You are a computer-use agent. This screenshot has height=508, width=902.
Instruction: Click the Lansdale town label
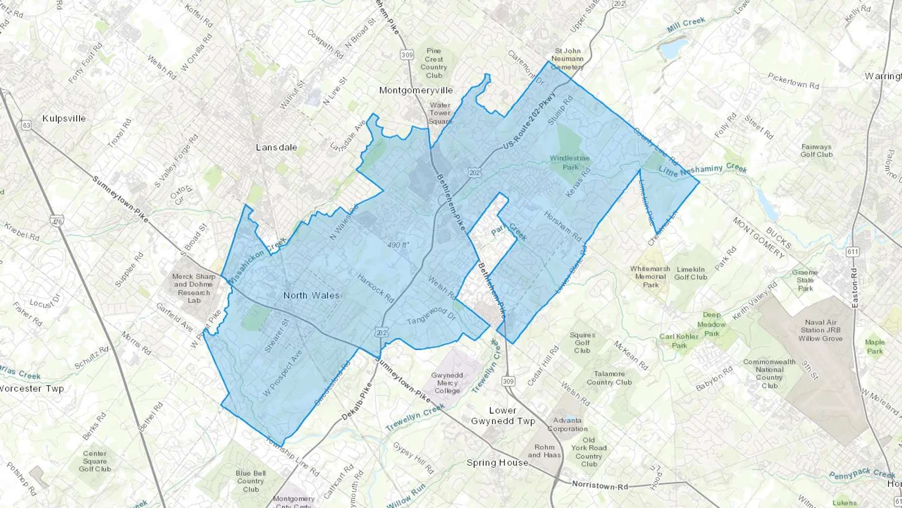point(276,147)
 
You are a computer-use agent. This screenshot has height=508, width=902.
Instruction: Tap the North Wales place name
point(311,295)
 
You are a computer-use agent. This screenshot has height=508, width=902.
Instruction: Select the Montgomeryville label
point(416,90)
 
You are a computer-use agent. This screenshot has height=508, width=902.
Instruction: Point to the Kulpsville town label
point(64,119)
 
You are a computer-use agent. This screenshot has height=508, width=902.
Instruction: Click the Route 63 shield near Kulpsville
point(27,125)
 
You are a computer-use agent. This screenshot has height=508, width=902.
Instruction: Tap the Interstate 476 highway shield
point(57,221)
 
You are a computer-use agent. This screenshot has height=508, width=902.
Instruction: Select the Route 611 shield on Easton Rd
point(852,252)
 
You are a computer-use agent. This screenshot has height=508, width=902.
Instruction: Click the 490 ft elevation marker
point(398,245)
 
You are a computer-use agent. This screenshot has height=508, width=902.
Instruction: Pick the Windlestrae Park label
point(570,162)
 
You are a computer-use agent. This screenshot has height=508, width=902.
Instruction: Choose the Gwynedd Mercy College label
point(447,383)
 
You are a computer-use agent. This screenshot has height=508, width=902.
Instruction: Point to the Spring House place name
point(497,462)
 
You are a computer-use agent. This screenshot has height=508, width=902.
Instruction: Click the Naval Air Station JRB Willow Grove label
point(820,330)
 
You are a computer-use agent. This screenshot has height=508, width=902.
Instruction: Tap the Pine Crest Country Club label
point(434,63)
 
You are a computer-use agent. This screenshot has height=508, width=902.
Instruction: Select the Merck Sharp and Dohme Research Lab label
point(194,288)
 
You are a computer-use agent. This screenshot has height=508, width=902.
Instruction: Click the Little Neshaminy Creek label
point(703,170)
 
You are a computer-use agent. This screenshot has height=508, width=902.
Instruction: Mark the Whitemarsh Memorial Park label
point(650,277)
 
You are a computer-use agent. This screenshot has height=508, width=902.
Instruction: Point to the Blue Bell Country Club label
point(251,481)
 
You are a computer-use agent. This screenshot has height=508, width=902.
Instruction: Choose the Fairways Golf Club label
point(816,150)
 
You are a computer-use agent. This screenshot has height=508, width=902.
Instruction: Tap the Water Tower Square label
point(440,113)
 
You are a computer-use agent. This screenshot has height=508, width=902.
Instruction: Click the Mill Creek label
point(686,25)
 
